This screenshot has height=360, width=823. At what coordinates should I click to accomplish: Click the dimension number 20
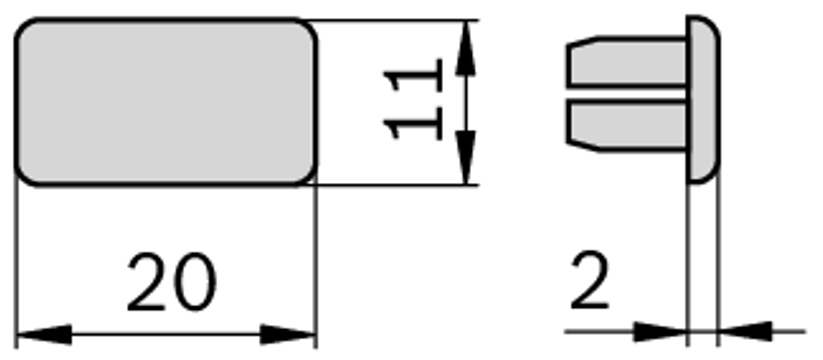click(171, 282)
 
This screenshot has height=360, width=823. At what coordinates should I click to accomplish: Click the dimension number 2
click(590, 282)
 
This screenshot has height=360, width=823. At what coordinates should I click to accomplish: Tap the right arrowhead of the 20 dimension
click(290, 334)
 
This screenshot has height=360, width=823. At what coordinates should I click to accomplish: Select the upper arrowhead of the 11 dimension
click(465, 50)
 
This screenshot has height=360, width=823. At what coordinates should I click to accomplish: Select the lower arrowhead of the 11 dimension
click(465, 156)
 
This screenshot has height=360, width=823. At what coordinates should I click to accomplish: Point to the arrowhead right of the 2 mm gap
click(745, 330)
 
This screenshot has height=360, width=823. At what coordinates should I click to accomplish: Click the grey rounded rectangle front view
click(167, 102)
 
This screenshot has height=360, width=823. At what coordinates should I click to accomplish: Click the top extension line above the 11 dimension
click(400, 19)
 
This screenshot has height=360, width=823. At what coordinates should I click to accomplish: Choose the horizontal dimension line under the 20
click(167, 334)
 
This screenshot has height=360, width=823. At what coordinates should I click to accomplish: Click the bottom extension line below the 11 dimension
click(400, 185)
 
